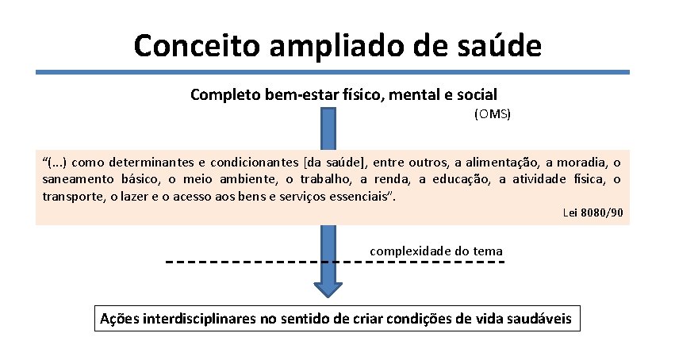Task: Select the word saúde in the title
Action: (x=503, y=45)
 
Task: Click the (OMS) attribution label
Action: (x=493, y=114)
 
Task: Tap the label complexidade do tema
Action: (x=435, y=251)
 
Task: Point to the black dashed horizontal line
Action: (x=238, y=261)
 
